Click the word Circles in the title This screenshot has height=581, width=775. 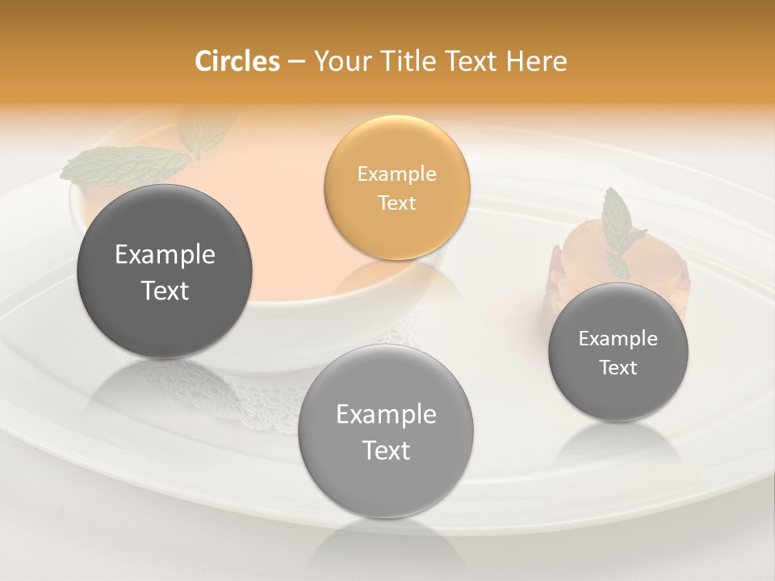pyautogui.click(x=237, y=61)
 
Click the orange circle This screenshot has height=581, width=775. pyautogui.click(x=396, y=187)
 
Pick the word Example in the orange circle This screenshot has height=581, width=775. pyautogui.click(x=396, y=173)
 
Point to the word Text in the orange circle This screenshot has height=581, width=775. pyautogui.click(x=396, y=203)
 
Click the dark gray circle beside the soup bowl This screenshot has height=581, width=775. pyautogui.click(x=165, y=271)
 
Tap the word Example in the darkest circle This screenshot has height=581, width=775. pyautogui.click(x=165, y=254)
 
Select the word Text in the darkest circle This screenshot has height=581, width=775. pyautogui.click(x=165, y=290)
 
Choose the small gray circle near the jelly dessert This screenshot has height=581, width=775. pyautogui.click(x=618, y=352)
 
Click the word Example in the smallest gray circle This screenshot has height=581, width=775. pyautogui.click(x=618, y=338)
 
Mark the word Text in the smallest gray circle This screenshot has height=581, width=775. pyautogui.click(x=618, y=367)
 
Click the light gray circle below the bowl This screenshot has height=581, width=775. pyautogui.click(x=386, y=432)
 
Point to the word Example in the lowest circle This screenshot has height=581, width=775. pyautogui.click(x=386, y=414)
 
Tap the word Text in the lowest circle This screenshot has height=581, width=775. pyautogui.click(x=386, y=450)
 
